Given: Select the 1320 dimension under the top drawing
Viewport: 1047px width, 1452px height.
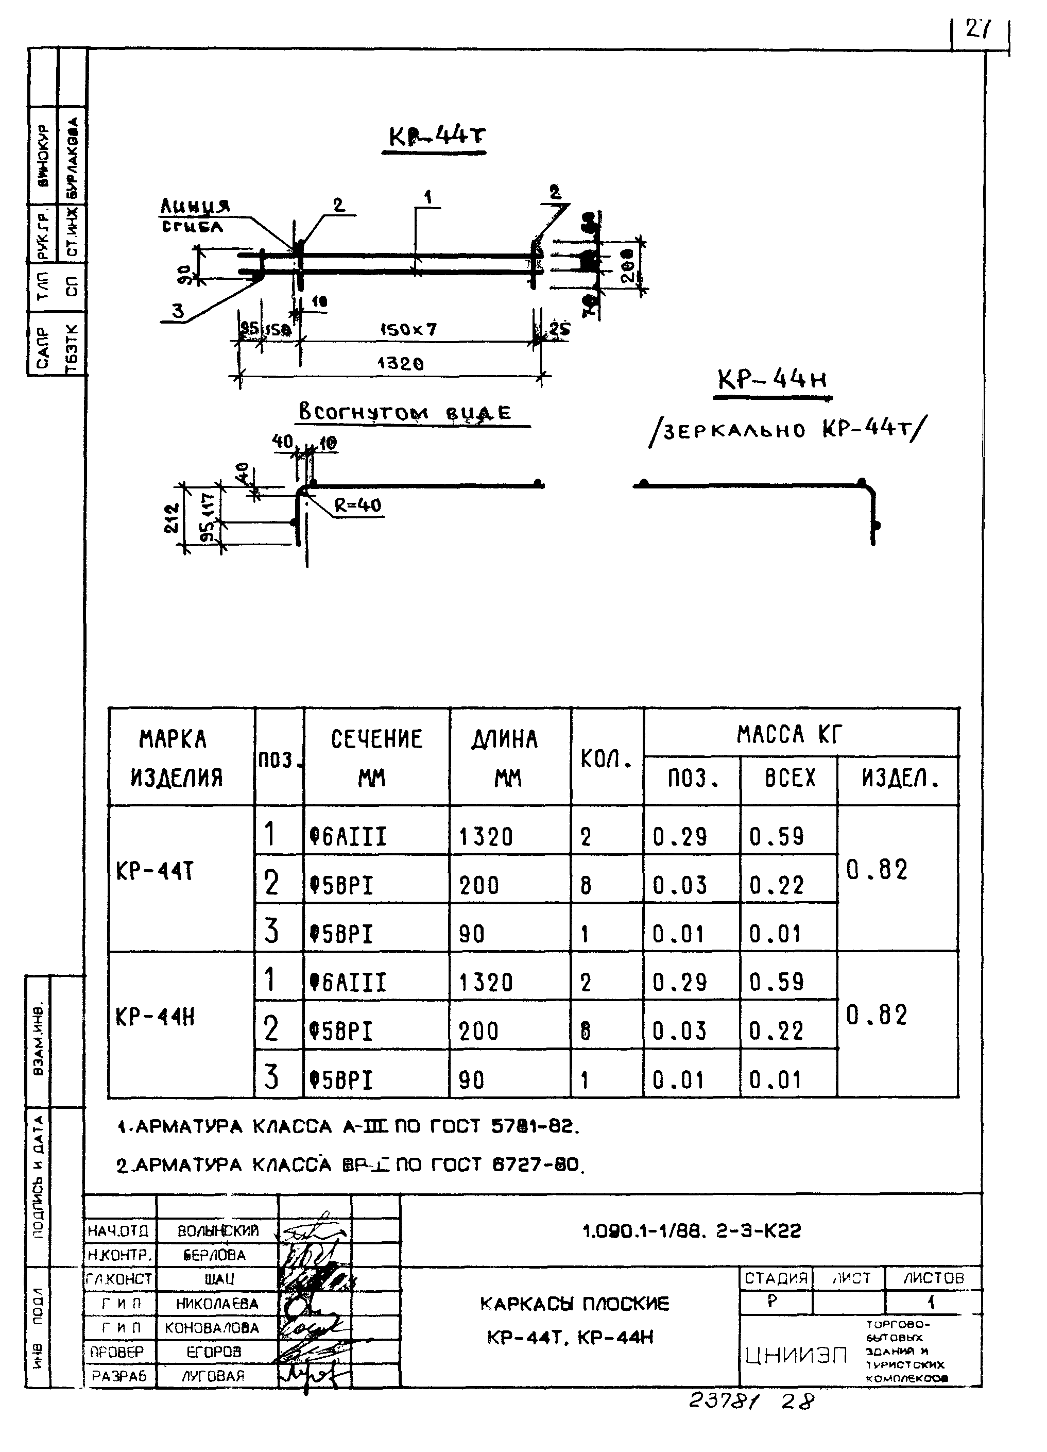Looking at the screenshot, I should tap(400, 364).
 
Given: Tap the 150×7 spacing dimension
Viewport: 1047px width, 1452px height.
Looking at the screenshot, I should tap(408, 330).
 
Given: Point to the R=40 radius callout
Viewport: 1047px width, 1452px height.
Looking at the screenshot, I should tap(358, 505).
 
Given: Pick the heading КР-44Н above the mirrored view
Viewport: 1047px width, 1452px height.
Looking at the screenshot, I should tap(772, 380).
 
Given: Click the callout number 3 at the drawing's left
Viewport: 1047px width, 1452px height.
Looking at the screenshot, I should tap(177, 311).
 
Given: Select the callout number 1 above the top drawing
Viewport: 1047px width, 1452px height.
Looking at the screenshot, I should tap(427, 197).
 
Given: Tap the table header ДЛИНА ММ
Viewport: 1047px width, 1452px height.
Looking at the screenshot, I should tap(506, 758).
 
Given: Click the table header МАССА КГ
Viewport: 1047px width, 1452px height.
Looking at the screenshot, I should tap(789, 734).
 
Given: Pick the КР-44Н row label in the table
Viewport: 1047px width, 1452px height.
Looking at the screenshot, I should tap(155, 1017).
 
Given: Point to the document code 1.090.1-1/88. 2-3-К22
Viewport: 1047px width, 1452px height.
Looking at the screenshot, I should tap(691, 1231).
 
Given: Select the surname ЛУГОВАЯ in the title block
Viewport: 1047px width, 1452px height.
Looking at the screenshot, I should tap(213, 1376).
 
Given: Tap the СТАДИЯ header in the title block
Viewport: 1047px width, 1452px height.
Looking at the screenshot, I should tap(776, 1278).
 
